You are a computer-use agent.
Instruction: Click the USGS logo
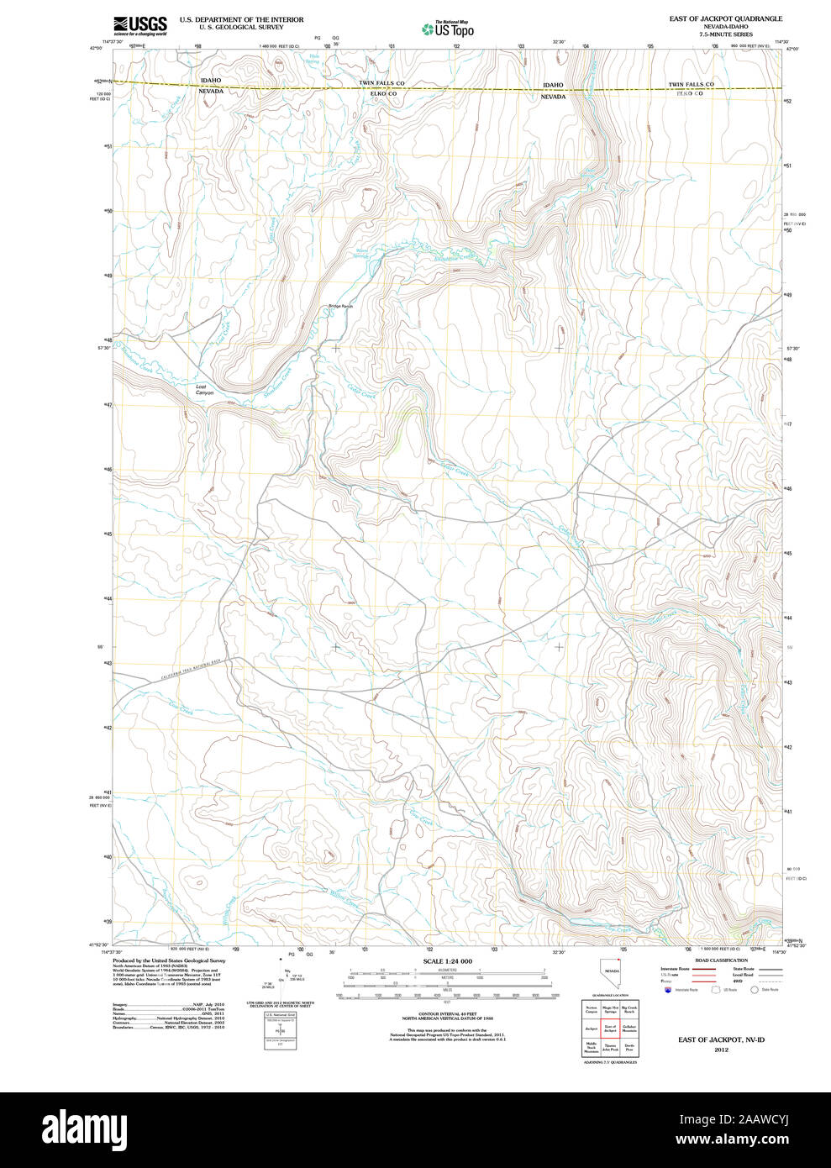[139, 24]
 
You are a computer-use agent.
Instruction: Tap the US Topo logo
[449, 29]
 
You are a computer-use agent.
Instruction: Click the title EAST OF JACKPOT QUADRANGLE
[713, 18]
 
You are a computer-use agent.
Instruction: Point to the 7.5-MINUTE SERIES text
[713, 34]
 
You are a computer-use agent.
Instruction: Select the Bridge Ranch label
[340, 306]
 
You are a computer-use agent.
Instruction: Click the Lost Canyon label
[205, 389]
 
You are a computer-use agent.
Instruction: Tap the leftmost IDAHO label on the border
[210, 81]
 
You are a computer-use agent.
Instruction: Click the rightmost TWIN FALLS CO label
[691, 85]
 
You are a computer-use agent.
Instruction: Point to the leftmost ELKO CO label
[383, 93]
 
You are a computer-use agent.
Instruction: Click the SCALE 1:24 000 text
[447, 961]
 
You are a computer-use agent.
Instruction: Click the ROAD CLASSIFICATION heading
[721, 960]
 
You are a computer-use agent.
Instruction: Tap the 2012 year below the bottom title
[721, 1050]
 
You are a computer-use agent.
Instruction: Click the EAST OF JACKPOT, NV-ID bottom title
[721, 1039]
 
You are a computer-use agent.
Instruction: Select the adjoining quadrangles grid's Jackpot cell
[592, 1028]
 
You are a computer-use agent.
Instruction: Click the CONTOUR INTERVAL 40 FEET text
[447, 1015]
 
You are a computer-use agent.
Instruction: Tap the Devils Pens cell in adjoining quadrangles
[629, 1047]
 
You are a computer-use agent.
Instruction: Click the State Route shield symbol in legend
[755, 990]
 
